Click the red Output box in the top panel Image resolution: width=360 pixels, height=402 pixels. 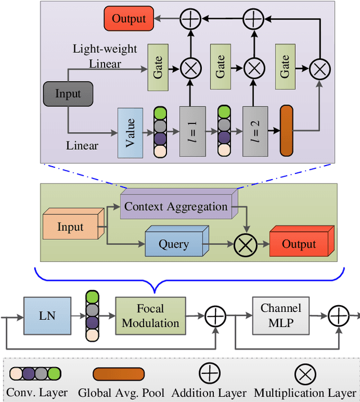[x=129, y=19]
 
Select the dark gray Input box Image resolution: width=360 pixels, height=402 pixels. [x=67, y=94]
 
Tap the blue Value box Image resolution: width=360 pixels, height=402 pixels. [x=130, y=132]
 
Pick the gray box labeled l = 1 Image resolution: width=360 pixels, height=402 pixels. [x=193, y=131]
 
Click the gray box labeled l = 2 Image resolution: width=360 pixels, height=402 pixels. [x=256, y=131]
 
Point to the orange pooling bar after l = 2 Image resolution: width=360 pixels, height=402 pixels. [x=287, y=131]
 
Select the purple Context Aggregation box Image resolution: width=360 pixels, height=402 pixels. [x=176, y=207]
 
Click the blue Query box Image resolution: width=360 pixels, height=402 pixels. [x=174, y=244]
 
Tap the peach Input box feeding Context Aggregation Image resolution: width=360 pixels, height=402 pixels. [x=70, y=227]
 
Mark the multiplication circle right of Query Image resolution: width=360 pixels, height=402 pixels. [x=245, y=244]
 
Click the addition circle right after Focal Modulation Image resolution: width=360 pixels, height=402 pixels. [x=215, y=317]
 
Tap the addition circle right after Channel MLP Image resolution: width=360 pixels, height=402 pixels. [x=339, y=317]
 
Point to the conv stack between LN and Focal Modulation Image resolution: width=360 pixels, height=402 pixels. [x=92, y=316]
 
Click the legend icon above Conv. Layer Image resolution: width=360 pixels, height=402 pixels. [x=35, y=373]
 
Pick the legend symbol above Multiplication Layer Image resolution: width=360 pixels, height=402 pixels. [x=305, y=373]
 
